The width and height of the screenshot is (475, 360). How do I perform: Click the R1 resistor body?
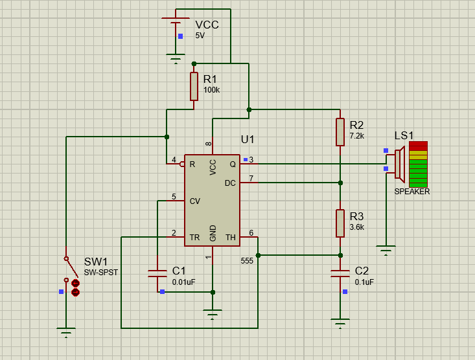coord(194,86)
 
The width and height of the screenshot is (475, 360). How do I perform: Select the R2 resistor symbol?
coord(340,132)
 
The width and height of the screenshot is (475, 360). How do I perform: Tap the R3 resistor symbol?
coord(340,223)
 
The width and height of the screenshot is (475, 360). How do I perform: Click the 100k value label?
coord(211,90)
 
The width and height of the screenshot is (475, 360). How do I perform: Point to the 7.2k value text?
coord(357,136)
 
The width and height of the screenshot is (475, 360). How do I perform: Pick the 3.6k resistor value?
coord(357,227)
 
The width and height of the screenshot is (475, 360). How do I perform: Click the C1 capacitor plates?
coord(157,273)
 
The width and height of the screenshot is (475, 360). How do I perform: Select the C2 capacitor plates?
coord(340,273)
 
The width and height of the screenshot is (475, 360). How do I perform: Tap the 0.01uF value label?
coord(183,282)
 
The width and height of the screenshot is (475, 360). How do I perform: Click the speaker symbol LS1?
coord(400,164)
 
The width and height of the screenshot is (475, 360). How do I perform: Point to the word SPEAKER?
coord(412,192)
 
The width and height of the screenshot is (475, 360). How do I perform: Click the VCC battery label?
coord(207,25)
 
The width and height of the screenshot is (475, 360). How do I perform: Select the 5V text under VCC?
coord(200,36)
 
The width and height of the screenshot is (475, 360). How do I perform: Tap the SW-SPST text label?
coord(101,273)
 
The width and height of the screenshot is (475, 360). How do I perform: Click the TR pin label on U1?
coord(195,238)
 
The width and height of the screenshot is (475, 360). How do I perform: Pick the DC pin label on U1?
coord(230,183)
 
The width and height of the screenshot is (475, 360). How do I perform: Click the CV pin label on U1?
coord(195,201)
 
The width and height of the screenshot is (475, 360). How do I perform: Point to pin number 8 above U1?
coord(209,144)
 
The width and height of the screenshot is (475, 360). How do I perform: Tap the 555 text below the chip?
coord(247,261)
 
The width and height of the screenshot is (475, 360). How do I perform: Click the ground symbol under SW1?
coord(66,332)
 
